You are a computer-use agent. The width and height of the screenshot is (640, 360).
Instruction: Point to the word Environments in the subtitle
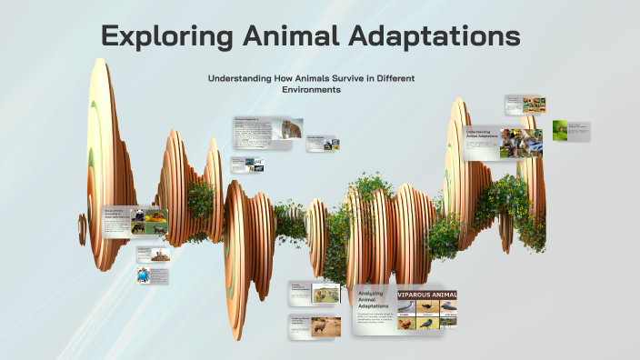click(x=311, y=90)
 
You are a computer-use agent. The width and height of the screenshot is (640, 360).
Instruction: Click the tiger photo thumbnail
click(x=291, y=130)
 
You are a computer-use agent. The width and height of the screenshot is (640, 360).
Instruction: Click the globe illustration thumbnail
click(x=144, y=275)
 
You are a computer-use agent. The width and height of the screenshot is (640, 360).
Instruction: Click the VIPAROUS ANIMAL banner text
click(x=426, y=295)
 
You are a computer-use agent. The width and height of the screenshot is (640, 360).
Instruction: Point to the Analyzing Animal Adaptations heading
click(x=373, y=301)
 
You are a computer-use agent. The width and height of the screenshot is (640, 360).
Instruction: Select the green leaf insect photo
click(x=561, y=130)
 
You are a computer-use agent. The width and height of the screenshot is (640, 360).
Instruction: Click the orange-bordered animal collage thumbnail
click(x=534, y=105)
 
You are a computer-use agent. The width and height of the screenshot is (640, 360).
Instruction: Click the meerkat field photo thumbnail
click(x=324, y=293)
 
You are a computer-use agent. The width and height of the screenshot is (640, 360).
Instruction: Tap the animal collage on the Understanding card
click(x=525, y=142)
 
